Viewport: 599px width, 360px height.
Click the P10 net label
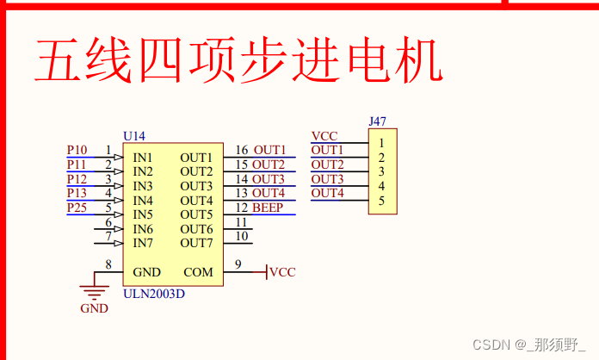point(77,151)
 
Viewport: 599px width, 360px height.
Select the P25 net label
point(77,208)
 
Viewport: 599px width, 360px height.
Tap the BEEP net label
point(268,208)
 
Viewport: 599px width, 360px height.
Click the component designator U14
point(134,136)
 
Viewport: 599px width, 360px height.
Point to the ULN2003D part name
point(153,293)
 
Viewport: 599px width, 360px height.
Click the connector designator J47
point(377,122)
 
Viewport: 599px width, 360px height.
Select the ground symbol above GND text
point(93,291)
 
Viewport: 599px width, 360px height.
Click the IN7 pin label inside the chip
point(143,243)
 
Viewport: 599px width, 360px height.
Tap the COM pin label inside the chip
point(198,272)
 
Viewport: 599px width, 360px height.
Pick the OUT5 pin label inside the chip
point(196,214)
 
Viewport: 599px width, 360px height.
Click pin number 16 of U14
point(242,151)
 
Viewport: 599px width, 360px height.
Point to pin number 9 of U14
point(238,264)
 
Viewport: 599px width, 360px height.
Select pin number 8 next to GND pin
point(108,264)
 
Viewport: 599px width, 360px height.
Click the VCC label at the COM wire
point(282,272)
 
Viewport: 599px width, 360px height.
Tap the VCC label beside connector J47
point(324,136)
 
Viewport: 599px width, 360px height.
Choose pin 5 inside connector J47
point(381,201)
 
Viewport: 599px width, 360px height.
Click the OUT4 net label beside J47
point(327,193)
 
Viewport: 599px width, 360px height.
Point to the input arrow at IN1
point(118,158)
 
